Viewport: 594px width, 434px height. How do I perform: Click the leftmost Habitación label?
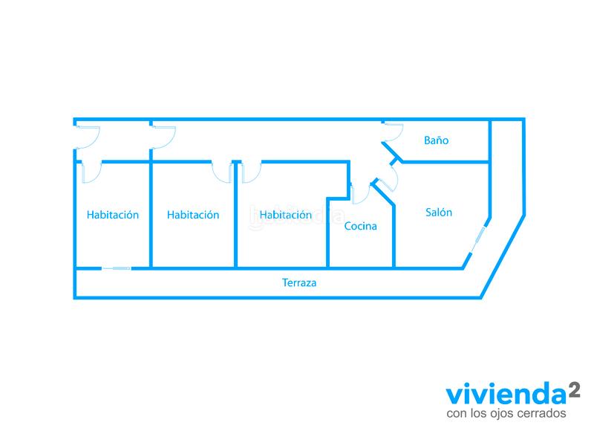pos(113,215)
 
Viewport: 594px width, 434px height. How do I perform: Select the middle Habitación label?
pos(193,215)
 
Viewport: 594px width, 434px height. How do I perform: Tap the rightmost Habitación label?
pos(285,215)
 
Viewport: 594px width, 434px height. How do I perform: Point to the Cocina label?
pos(360,226)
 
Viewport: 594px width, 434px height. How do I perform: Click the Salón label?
pos(439,212)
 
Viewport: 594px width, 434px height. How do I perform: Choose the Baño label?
pos(436,140)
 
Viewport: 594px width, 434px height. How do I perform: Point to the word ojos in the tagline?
pos(497,412)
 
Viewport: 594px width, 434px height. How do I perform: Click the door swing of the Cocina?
pos(360,193)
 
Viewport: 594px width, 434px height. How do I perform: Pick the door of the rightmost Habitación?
pos(251,172)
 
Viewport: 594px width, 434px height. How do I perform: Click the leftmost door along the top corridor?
pos(87,137)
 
